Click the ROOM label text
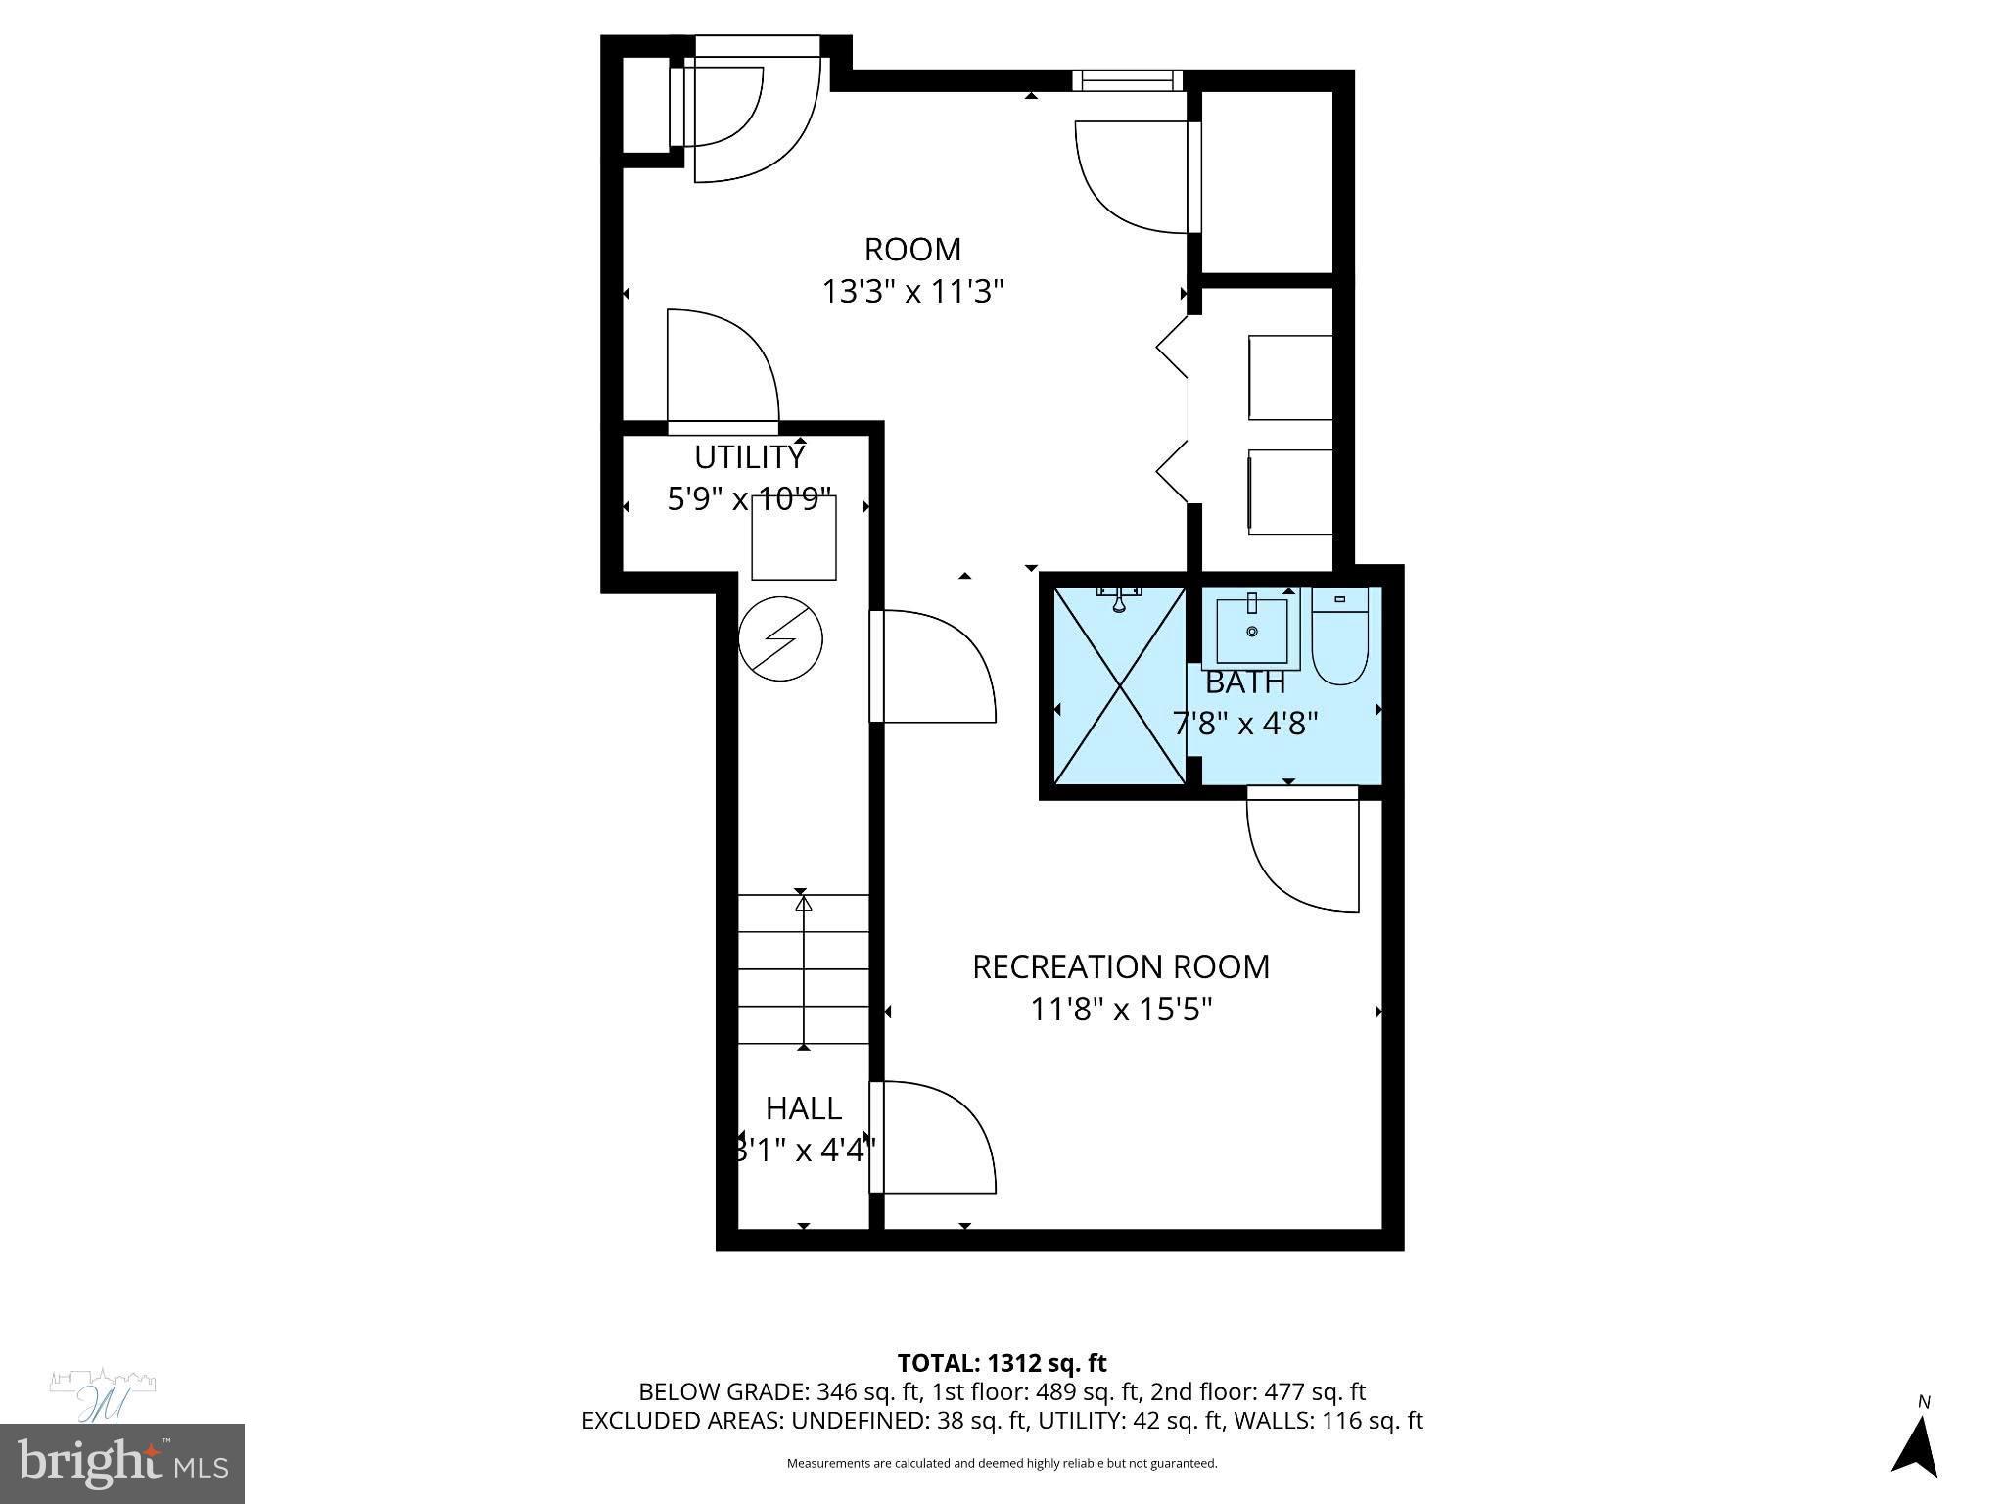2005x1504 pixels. (912, 250)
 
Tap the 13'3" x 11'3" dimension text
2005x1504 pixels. (912, 292)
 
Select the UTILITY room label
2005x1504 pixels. (749, 457)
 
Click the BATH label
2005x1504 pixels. (1244, 681)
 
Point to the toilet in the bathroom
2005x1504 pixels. (1339, 636)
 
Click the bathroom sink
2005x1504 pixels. (1251, 632)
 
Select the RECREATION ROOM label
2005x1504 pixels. (1120, 966)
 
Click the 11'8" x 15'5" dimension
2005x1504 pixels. (1120, 1009)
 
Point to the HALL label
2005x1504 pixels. (803, 1107)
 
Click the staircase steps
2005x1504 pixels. (803, 969)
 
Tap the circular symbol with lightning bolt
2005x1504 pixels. (780, 638)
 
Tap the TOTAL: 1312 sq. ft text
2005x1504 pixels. (1002, 1363)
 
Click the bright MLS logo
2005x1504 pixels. (121, 1463)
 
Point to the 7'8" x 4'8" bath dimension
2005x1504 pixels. (1244, 724)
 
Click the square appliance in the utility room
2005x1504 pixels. (794, 539)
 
